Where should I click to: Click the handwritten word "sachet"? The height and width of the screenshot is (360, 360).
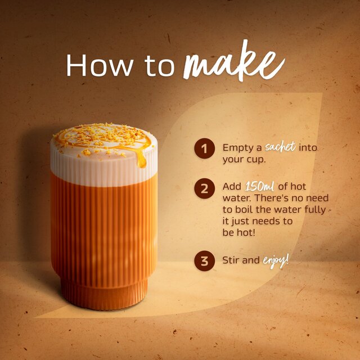[280, 147]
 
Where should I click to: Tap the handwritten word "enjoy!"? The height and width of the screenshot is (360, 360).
[276, 260]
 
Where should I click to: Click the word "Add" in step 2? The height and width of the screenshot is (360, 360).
[232, 187]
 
